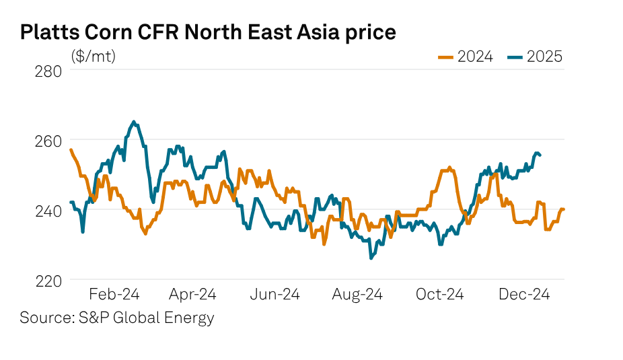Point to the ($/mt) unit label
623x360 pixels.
tap(94, 57)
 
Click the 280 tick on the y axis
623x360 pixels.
tap(48, 71)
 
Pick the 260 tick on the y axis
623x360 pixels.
tap(48, 141)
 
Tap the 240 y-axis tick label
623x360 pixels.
tap(48, 211)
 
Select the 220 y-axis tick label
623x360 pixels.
tap(48, 281)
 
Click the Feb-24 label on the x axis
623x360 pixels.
tap(114, 294)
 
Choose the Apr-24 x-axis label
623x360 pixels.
tap(192, 294)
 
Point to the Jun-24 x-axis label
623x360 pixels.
tap(275, 294)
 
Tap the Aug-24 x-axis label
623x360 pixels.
tap(358, 294)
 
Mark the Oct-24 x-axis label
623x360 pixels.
tap(440, 294)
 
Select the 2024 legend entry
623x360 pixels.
tap(466, 57)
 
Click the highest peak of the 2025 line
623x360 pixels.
tap(133, 122)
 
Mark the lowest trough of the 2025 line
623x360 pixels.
tap(370, 258)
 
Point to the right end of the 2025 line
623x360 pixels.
tap(541, 155)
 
